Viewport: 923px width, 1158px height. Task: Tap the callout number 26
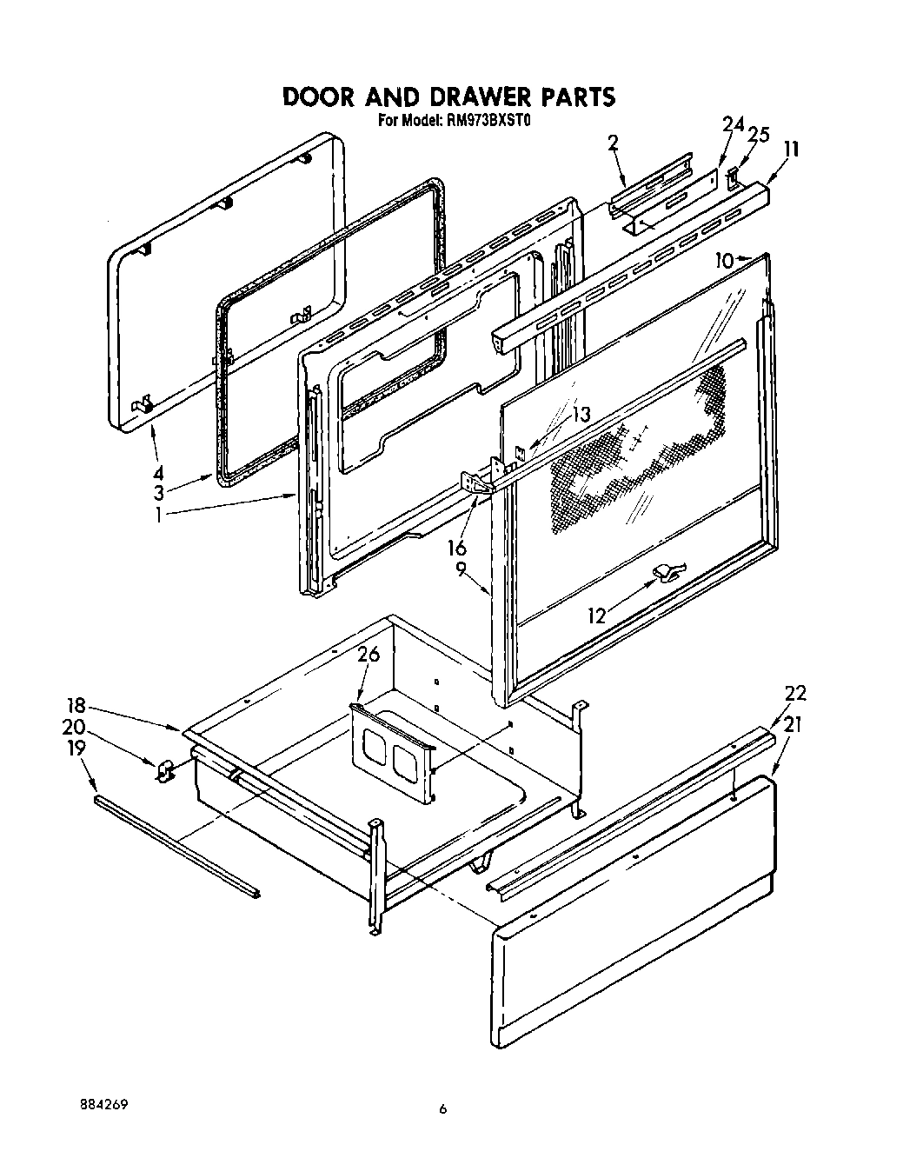click(x=369, y=655)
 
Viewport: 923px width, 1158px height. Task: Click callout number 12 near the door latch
click(x=596, y=616)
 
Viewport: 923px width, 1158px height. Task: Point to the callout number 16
click(x=456, y=548)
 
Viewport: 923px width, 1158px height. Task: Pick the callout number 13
click(x=580, y=415)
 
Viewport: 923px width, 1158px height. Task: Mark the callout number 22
click(x=794, y=693)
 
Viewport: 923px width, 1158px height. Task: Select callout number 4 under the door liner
click(x=157, y=474)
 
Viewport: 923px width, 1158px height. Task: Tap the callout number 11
click(x=790, y=149)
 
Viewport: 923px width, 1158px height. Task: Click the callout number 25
click(x=758, y=135)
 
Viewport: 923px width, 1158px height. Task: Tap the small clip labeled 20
click(x=163, y=769)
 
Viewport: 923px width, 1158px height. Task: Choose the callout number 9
click(x=461, y=570)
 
